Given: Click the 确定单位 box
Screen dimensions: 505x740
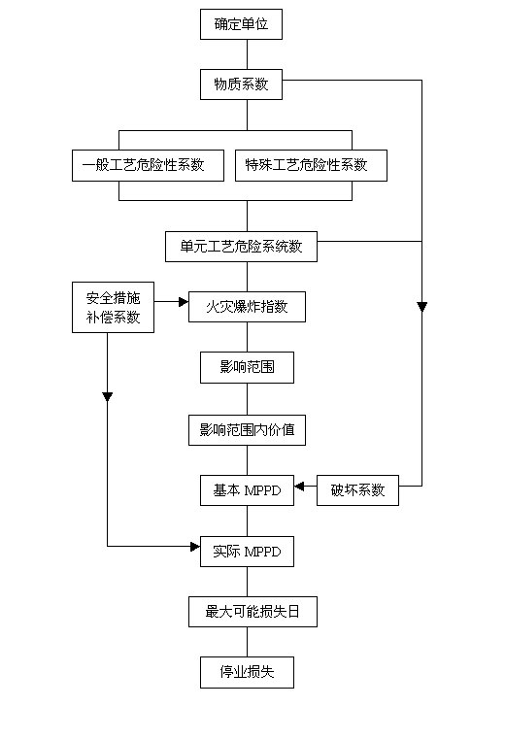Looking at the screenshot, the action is click(241, 24).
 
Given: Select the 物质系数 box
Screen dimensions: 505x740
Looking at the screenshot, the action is click(241, 84).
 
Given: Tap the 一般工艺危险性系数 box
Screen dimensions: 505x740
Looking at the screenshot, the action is click(148, 165).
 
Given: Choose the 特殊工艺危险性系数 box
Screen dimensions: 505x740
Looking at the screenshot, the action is click(311, 165).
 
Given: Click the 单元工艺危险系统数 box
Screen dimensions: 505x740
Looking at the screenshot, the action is click(241, 247).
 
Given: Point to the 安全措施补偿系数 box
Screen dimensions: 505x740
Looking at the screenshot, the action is click(113, 307).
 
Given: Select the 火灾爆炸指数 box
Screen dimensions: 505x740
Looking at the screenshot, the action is click(247, 307).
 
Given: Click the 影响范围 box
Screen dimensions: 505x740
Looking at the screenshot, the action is click(247, 367).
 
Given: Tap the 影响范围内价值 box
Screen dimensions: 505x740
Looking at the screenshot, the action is click(247, 430).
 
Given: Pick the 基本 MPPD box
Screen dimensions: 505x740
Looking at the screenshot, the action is click(247, 490).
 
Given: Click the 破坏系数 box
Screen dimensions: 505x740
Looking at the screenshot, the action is click(357, 490).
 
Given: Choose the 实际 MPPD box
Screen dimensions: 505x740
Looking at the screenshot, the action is click(247, 552).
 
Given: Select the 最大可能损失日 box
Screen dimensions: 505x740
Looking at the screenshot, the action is click(252, 612).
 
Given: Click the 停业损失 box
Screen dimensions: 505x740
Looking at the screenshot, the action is click(247, 672).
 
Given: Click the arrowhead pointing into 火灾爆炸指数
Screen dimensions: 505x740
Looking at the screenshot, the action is click(184, 302).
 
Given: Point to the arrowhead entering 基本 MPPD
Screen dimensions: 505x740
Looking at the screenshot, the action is click(299, 487).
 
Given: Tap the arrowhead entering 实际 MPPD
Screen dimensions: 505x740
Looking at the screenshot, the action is click(195, 547).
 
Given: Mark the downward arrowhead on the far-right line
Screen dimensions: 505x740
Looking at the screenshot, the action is click(421, 307).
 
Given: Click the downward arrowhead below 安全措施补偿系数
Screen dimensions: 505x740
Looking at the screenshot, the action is click(108, 396).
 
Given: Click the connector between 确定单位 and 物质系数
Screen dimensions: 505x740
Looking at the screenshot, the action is click(247, 54).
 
